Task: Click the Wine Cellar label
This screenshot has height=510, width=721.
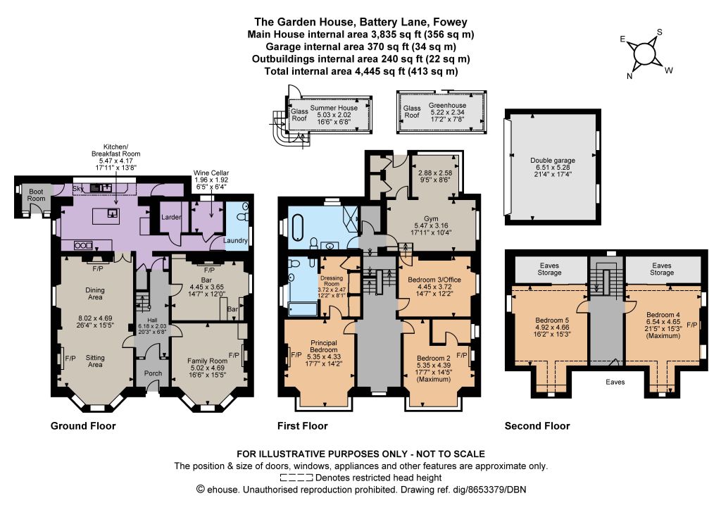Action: (x=211, y=173)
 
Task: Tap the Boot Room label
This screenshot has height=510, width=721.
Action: (x=36, y=195)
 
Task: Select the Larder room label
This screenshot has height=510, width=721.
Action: (x=170, y=217)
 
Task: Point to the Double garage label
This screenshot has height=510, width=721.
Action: (x=553, y=161)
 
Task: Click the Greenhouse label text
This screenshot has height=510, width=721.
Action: (x=447, y=106)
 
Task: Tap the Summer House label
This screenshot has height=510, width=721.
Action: (x=334, y=108)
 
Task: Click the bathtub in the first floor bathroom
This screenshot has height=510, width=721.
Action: (x=298, y=228)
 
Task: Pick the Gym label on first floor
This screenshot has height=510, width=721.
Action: (x=431, y=218)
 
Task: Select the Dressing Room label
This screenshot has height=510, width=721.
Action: (x=332, y=281)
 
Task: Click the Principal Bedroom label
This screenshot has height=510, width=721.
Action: (x=324, y=347)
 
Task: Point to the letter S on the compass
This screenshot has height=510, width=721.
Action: (x=659, y=32)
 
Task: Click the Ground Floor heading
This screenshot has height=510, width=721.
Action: (x=83, y=426)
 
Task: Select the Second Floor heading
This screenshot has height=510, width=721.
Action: (x=537, y=426)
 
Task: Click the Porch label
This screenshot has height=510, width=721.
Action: (x=153, y=373)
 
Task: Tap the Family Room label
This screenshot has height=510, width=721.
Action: (x=208, y=361)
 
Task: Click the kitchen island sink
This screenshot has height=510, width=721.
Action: (x=112, y=213)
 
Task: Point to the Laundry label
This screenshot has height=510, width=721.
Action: (x=235, y=240)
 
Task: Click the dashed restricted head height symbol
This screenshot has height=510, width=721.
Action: (x=296, y=478)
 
